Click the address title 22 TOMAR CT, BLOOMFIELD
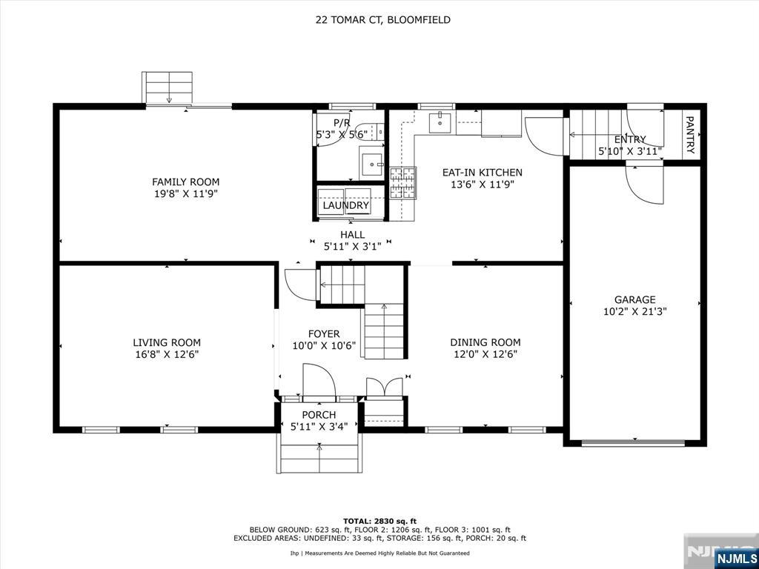pos(383,20)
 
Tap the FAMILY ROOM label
pos(185,182)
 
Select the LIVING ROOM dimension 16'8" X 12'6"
pos(167,354)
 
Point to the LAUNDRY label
pos(346,205)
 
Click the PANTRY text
pos(691,135)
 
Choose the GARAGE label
pos(635,299)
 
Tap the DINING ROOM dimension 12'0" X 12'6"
pos(485,354)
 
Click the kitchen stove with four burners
pos(403,183)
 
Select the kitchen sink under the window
pos(440,122)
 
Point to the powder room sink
pos(371,162)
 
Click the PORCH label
pos(319,415)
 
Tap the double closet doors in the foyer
pos(385,387)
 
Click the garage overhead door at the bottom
pos(633,443)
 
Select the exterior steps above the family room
pos(168,87)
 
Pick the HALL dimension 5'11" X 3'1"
pos(352,246)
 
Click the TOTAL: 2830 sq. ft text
pos(379,521)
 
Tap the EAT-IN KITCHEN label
pos(482,172)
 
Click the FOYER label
pos(324,334)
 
